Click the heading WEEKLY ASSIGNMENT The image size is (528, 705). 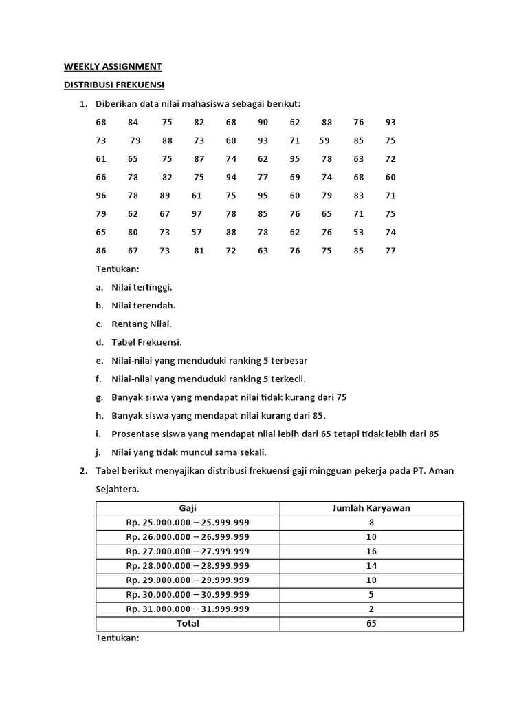point(113,67)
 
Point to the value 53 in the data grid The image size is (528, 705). point(359,233)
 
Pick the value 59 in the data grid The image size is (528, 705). point(324,140)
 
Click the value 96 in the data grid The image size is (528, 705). point(102,196)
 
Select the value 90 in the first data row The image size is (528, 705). point(263,123)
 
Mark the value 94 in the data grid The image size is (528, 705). point(231,178)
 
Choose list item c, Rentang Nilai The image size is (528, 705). point(142,324)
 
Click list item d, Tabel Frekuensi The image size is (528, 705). point(146,342)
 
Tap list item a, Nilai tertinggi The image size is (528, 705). point(142,287)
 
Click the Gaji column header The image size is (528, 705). point(188,509)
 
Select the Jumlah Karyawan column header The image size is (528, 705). point(371,509)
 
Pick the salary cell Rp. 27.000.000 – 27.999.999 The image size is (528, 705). point(188,551)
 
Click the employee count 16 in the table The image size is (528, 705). point(371,551)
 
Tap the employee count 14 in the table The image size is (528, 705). point(371,566)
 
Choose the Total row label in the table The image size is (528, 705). point(188,623)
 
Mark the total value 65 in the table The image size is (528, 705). point(371,623)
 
